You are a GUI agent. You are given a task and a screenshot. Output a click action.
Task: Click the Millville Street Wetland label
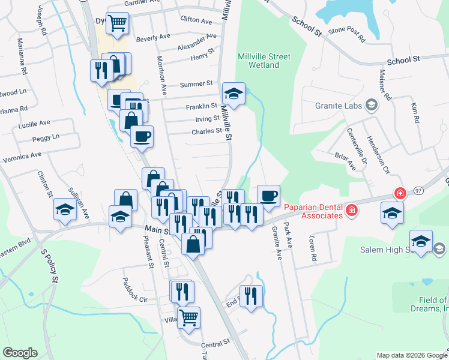pos(264,61)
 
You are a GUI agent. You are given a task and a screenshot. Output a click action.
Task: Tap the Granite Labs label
pos(339,106)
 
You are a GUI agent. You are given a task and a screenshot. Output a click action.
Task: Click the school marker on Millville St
pos(234,93)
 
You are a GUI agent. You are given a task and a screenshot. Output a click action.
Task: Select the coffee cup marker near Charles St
pos(142,136)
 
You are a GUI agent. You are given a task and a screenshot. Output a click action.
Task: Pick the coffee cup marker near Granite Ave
pos(268,195)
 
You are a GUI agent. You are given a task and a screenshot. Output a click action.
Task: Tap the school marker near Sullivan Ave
pos(65,209)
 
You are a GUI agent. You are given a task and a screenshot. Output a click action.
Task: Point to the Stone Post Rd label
pos(346,33)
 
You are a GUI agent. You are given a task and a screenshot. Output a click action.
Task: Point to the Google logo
pos(20,353)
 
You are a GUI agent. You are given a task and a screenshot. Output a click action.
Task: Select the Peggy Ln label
pos(47,137)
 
